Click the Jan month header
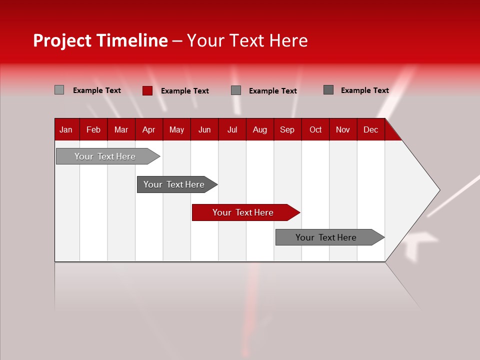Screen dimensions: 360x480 66,130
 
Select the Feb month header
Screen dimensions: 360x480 93,130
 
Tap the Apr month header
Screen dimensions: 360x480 148,130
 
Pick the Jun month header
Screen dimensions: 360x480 204,130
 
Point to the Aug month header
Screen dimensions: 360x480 260,130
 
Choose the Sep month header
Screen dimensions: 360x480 287,130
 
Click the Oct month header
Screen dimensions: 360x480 315,130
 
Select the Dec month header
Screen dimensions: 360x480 370,130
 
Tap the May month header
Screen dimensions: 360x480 176,130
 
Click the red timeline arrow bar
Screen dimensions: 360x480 245,212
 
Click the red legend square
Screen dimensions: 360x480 147,90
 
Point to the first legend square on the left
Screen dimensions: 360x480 59,90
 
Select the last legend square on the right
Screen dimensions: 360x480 328,90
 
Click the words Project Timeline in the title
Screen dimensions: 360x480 100,40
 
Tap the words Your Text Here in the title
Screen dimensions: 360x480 247,40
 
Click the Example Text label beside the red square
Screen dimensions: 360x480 185,91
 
